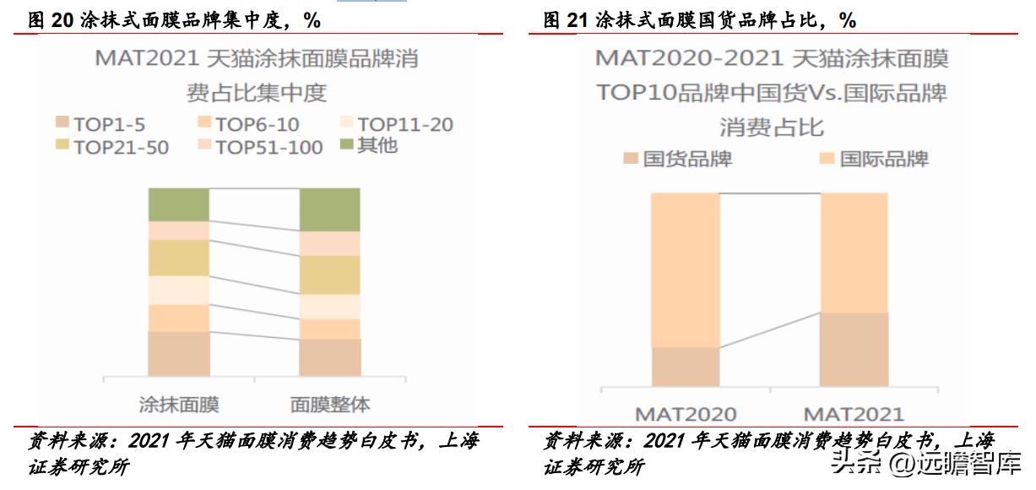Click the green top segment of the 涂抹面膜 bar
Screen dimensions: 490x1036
coord(178,204)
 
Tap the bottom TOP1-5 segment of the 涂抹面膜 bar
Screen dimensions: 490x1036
coord(178,353)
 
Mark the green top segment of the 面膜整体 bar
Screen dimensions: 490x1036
coord(329,209)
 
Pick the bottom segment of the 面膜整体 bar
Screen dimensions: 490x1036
coord(329,357)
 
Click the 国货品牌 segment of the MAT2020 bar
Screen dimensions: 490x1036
coord(686,367)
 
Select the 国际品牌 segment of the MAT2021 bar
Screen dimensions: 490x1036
coord(854,253)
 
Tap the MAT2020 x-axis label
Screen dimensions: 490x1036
coord(686,415)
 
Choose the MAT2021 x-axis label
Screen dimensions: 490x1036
coord(854,415)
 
